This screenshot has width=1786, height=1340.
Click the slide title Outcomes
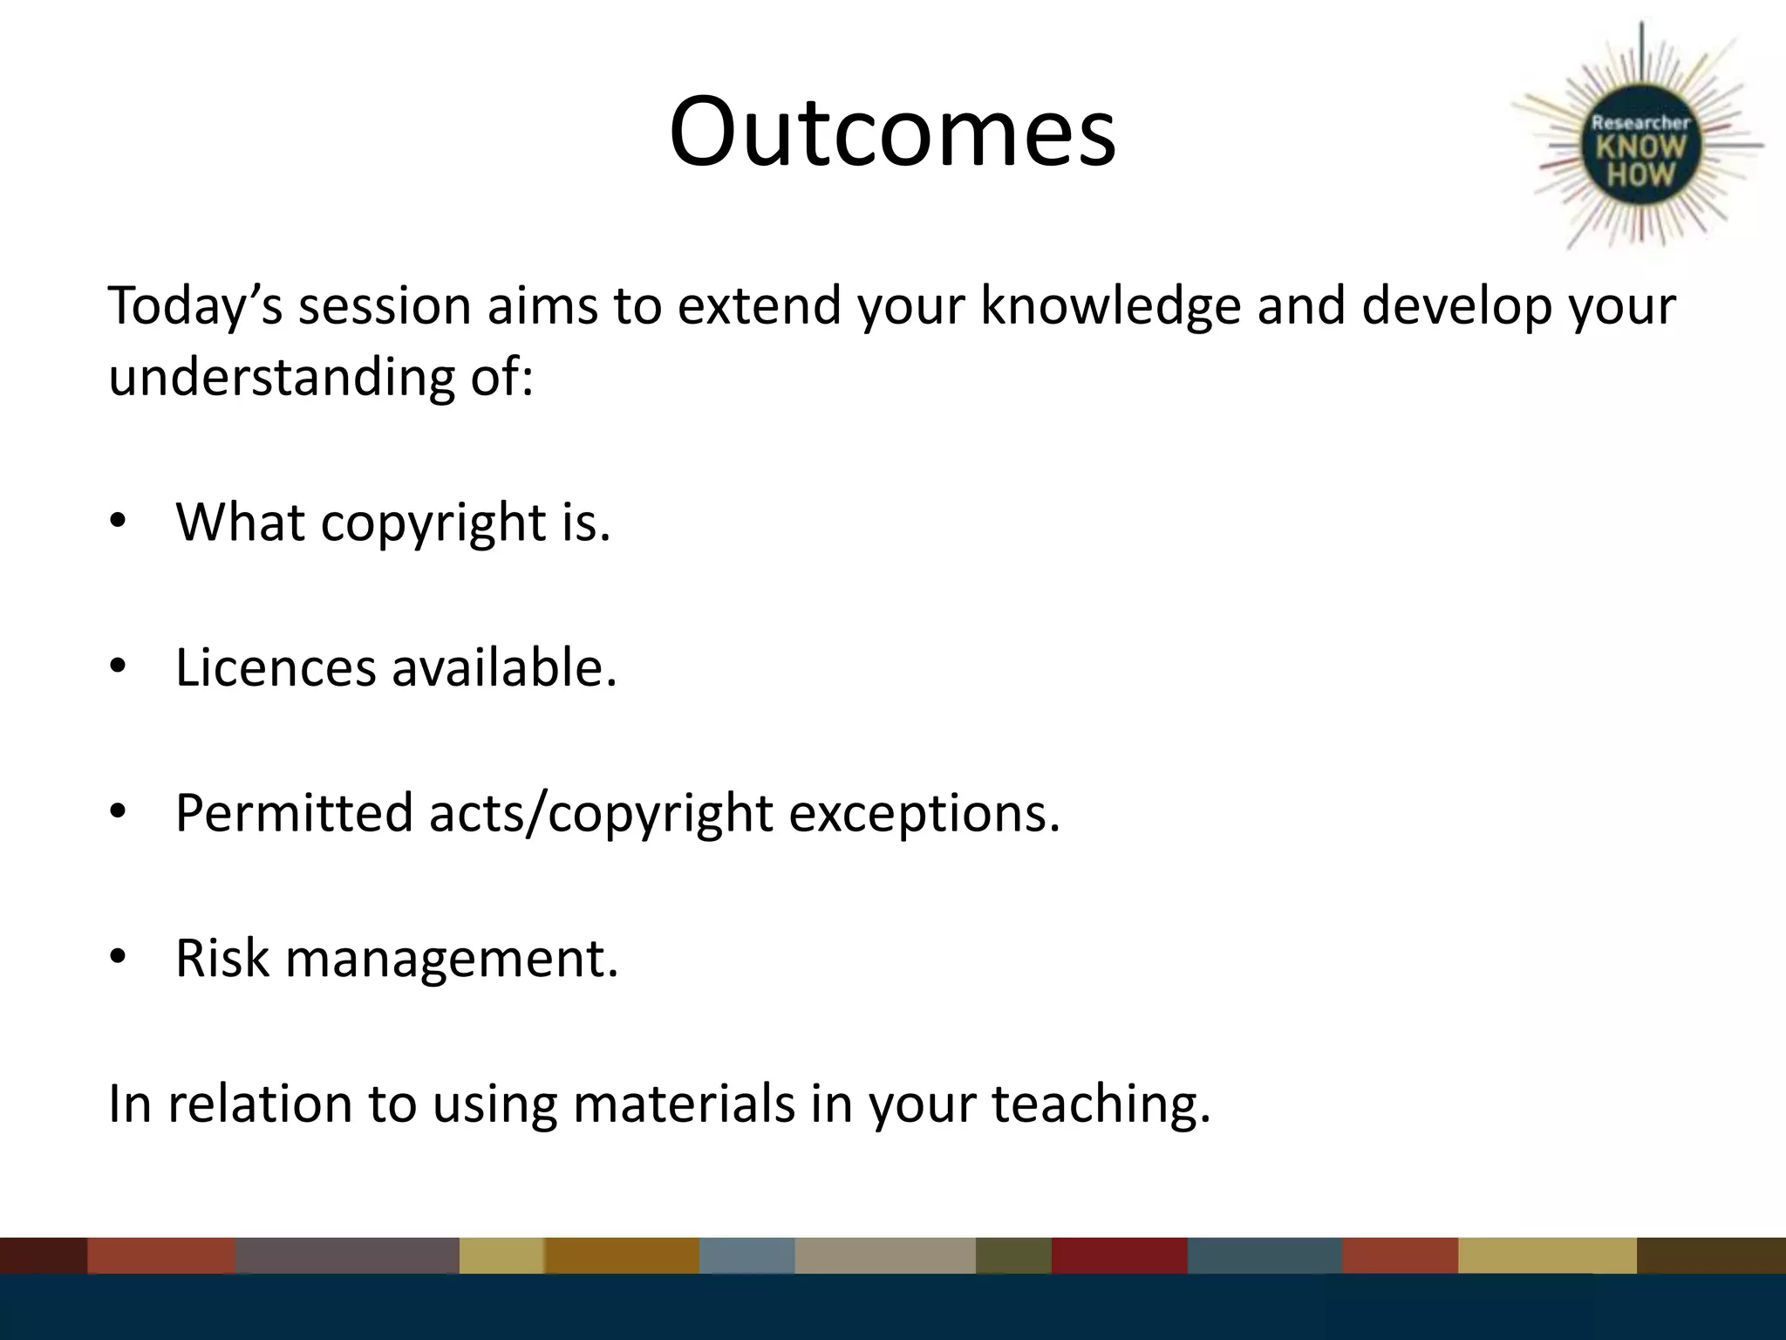click(892, 133)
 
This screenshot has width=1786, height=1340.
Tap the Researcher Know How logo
click(1640, 148)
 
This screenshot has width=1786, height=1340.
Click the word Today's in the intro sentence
click(194, 307)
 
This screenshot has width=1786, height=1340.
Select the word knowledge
click(1110, 307)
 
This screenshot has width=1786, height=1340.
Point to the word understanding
click(282, 379)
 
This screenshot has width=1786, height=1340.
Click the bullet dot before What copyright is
click(119, 522)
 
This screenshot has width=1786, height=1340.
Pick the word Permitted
click(294, 813)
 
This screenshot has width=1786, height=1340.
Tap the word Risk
click(222, 958)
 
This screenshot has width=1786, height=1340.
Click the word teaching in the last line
click(1101, 1104)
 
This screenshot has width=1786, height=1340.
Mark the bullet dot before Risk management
click(119, 958)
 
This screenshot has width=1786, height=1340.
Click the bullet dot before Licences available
click(119, 667)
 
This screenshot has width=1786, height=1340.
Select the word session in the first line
click(385, 307)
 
